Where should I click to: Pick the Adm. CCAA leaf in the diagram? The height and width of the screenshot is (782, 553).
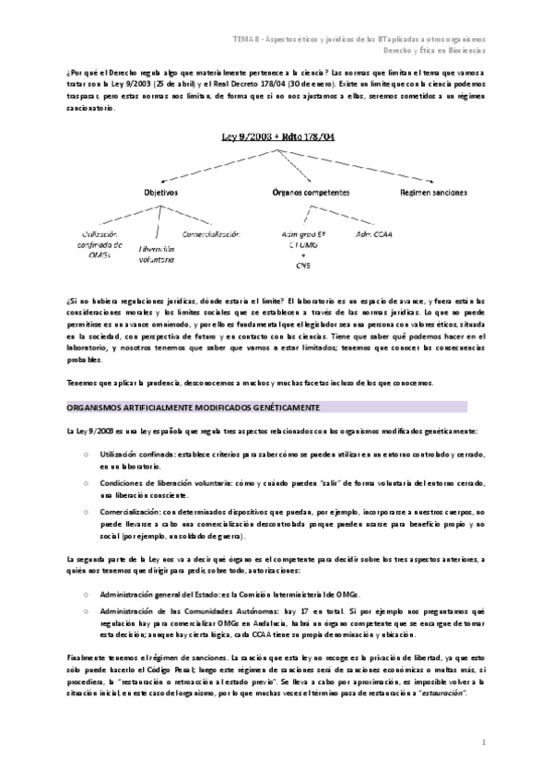374,234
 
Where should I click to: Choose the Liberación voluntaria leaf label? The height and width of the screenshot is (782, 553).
156,254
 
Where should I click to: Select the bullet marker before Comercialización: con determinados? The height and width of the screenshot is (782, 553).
86,510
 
